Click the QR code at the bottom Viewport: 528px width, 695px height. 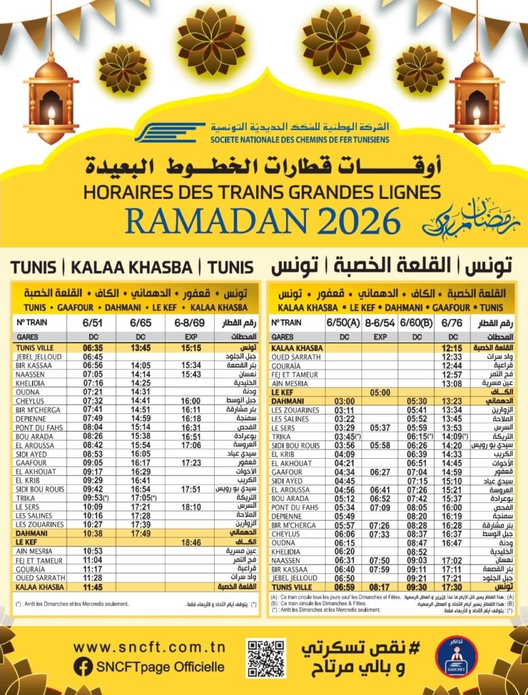tap(266, 658)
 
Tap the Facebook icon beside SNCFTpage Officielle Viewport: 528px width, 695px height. tap(83, 666)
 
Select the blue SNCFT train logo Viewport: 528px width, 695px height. tap(169, 132)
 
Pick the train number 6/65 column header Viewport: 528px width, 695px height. tap(142, 322)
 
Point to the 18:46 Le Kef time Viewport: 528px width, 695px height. tap(191, 543)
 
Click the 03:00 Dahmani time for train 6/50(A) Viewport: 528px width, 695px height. tap(345, 401)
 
